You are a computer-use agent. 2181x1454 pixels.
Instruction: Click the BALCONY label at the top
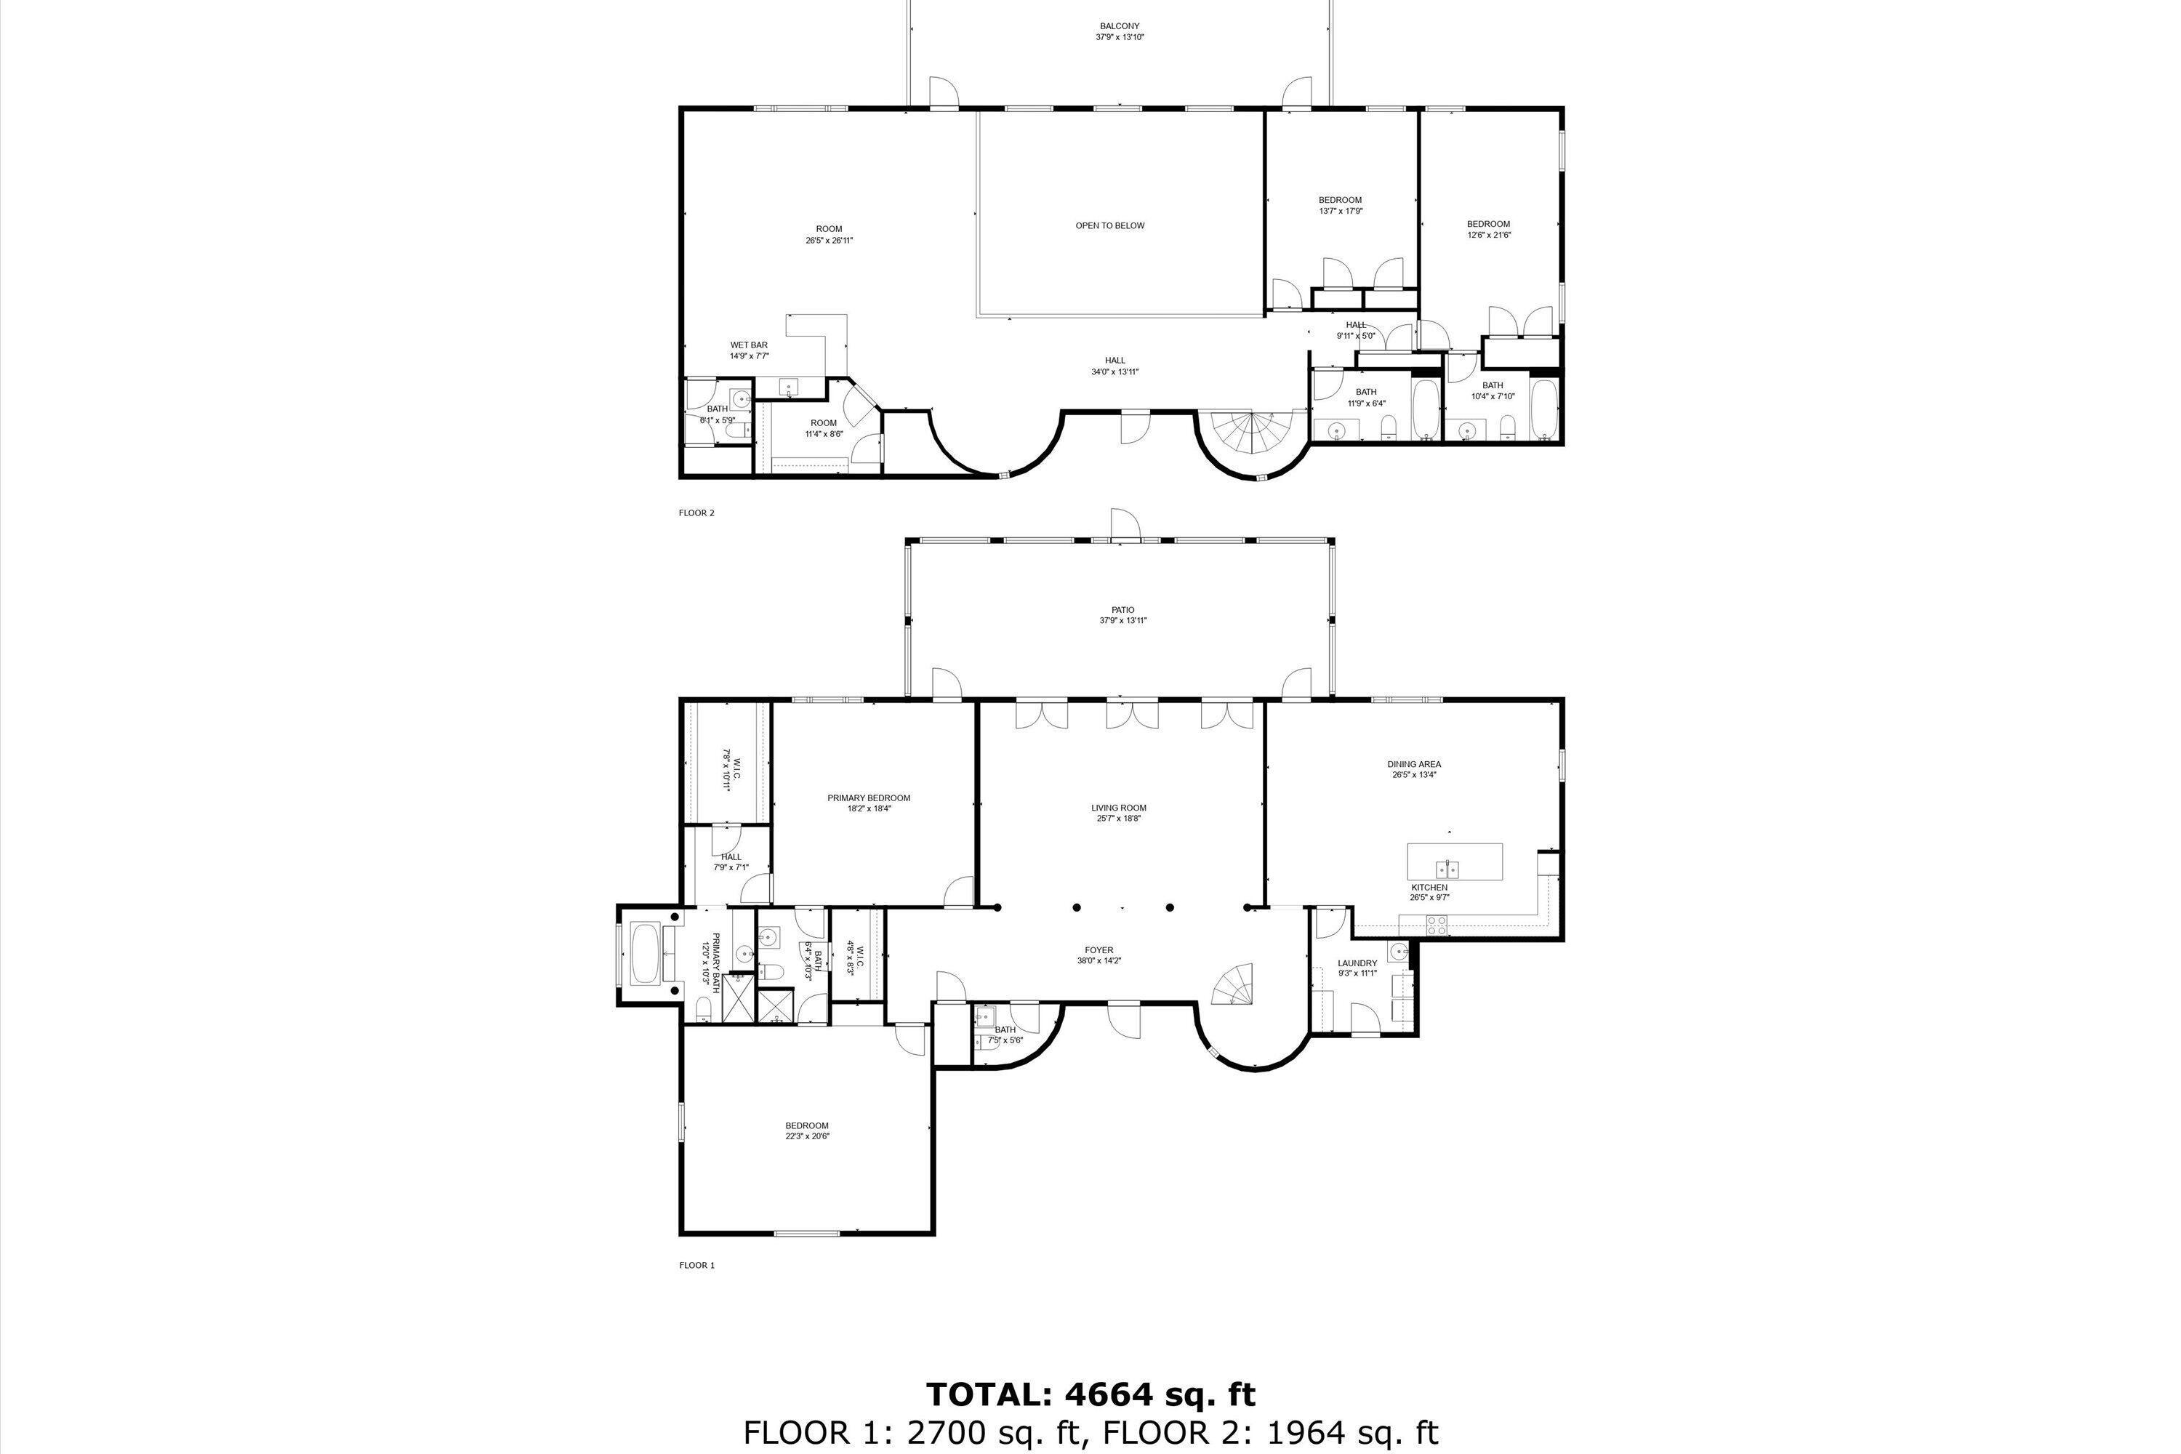point(1120,27)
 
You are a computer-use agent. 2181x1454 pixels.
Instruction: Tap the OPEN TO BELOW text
point(1110,225)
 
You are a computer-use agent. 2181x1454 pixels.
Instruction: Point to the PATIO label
point(1123,610)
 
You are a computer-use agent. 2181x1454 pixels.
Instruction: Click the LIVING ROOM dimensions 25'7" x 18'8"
point(1118,819)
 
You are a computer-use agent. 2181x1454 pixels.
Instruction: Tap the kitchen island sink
point(1447,869)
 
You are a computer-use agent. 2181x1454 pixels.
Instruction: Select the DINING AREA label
point(1414,765)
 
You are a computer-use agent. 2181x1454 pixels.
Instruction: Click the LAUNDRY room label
point(1357,963)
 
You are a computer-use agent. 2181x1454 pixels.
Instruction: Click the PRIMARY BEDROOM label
point(869,798)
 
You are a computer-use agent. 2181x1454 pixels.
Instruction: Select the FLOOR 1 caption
point(696,1266)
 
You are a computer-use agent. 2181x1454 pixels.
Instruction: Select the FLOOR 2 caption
point(696,513)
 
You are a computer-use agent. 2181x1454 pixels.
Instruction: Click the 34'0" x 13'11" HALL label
point(1114,371)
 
